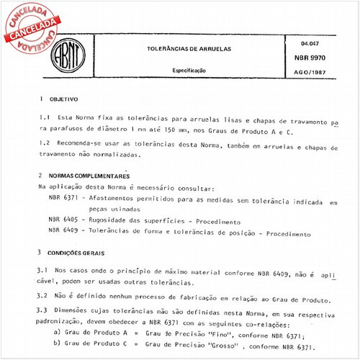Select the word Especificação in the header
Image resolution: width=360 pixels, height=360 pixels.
[188, 71]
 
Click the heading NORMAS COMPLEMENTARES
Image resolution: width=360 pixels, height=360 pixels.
[90, 176]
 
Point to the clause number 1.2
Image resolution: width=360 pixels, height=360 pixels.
[44, 144]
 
